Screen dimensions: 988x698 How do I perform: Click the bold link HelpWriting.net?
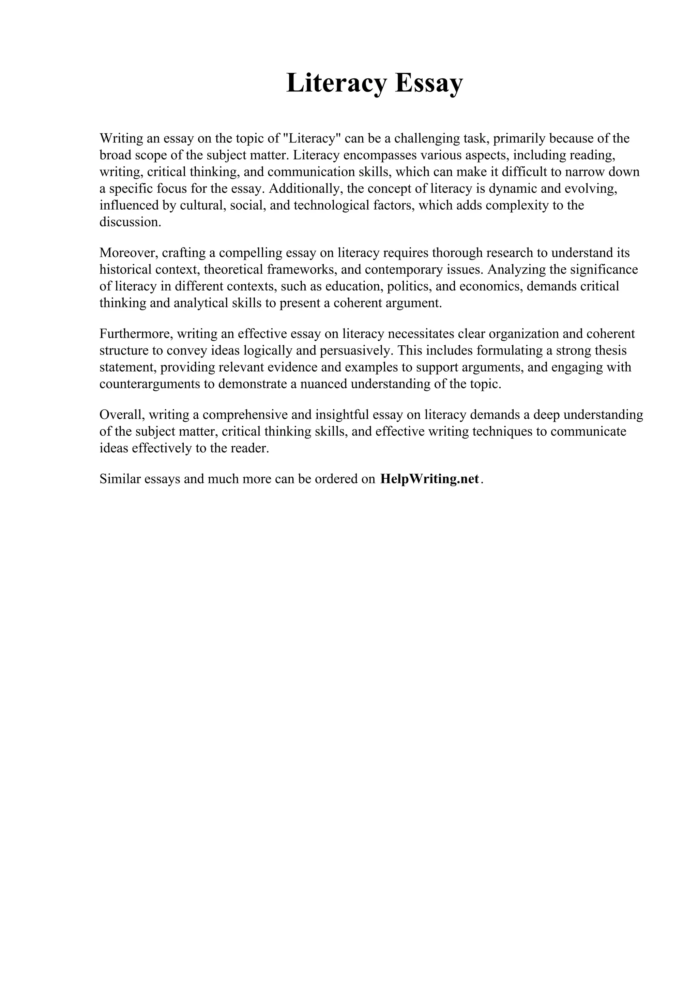429,479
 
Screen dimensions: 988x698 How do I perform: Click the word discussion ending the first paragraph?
130,222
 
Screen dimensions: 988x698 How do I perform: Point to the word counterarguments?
150,384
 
